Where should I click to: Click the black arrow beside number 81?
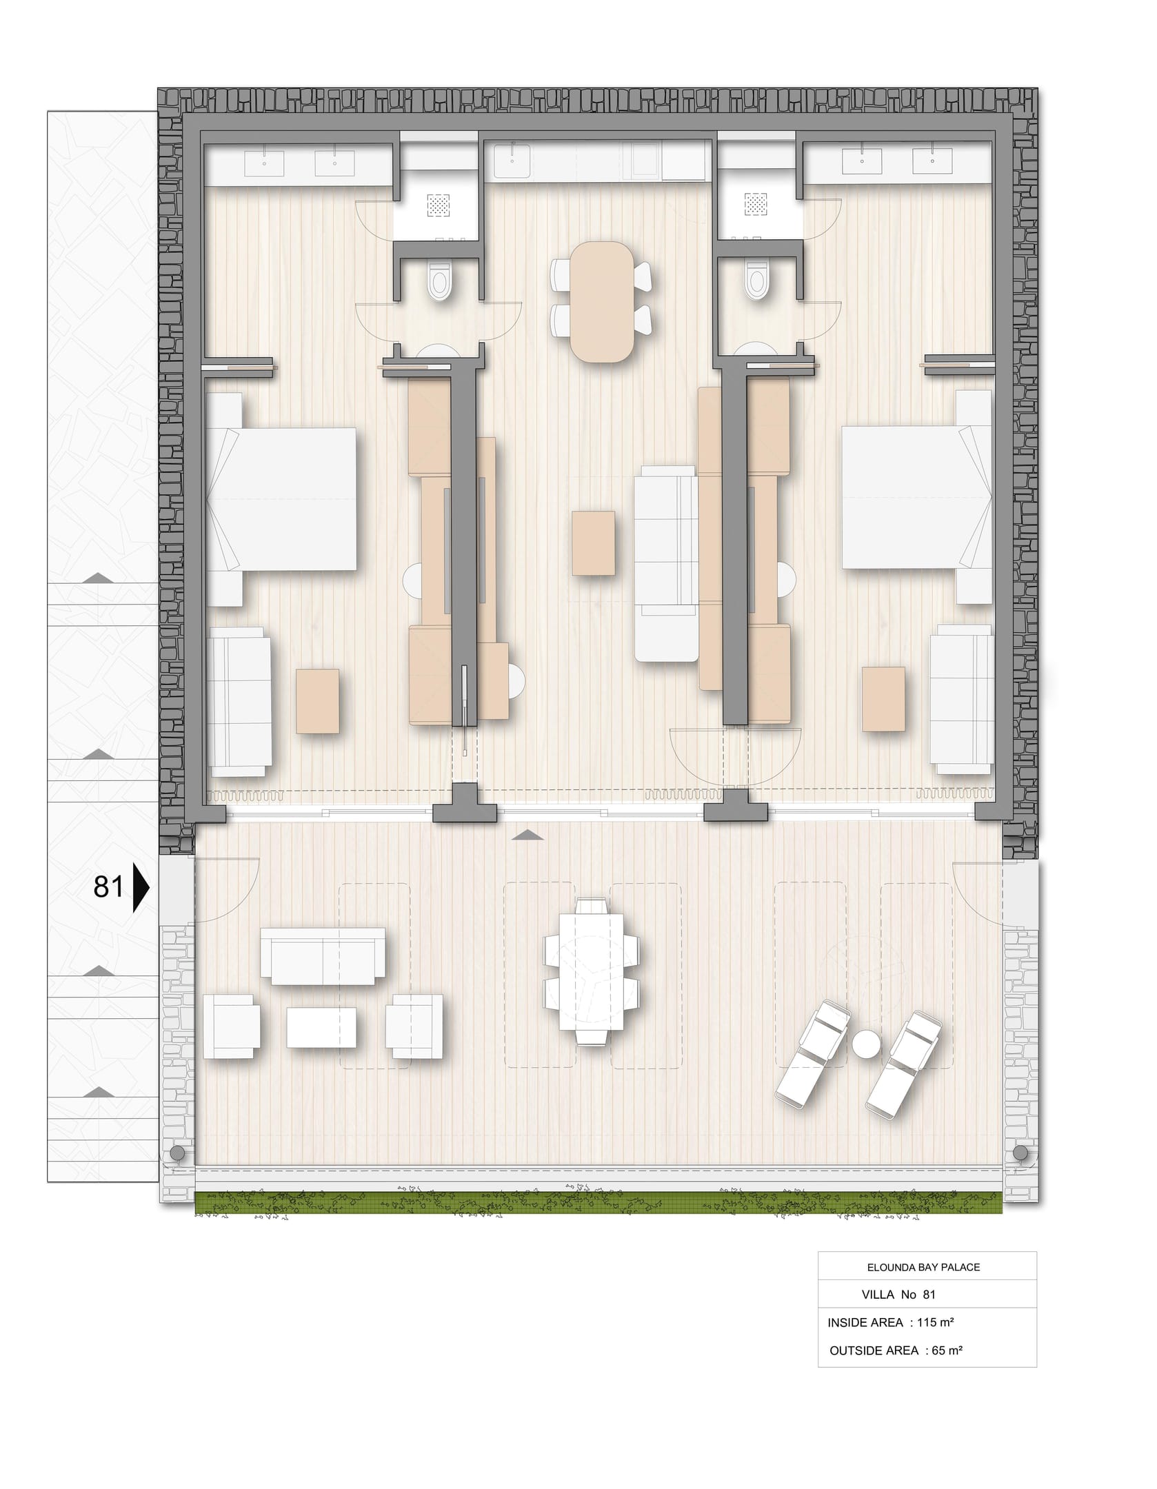(x=141, y=887)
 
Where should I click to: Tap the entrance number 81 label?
(x=108, y=887)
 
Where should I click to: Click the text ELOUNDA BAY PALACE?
(x=923, y=1267)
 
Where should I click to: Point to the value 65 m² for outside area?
(x=947, y=1350)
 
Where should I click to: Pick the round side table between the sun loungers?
(x=867, y=1043)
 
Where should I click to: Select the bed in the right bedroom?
(x=917, y=497)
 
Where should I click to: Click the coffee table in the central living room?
(x=593, y=543)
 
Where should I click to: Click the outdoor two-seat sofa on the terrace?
(x=323, y=957)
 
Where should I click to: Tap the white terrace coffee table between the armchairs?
(x=321, y=1028)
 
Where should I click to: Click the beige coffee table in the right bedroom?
(x=883, y=699)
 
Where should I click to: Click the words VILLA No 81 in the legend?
(x=899, y=1295)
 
